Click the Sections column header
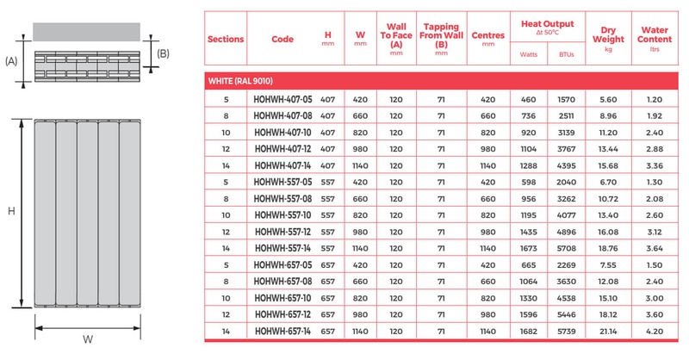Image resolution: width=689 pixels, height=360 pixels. [227, 39]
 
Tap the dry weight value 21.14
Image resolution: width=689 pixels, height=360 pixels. [608, 330]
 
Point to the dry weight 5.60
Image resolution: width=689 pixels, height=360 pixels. [608, 101]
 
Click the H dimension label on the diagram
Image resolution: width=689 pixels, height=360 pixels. [11, 212]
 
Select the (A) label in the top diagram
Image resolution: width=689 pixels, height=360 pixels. [12, 61]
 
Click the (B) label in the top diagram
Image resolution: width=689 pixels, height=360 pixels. [164, 53]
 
